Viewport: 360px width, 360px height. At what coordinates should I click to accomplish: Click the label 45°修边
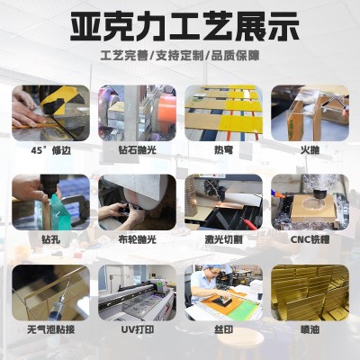51,148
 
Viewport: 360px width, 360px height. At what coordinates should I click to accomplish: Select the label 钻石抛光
138,148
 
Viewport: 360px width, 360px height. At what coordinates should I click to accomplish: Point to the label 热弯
223,148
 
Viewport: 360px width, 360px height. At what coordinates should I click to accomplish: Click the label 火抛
310,148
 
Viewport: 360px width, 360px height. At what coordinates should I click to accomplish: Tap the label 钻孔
51,239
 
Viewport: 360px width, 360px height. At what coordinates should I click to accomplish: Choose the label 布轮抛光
138,239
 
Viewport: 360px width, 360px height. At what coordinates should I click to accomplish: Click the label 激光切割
223,239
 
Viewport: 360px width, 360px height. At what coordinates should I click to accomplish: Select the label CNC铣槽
310,239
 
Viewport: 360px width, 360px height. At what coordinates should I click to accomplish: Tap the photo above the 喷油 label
310,293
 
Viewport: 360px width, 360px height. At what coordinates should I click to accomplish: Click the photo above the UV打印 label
138,293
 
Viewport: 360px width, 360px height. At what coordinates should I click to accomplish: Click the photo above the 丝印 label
223,293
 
